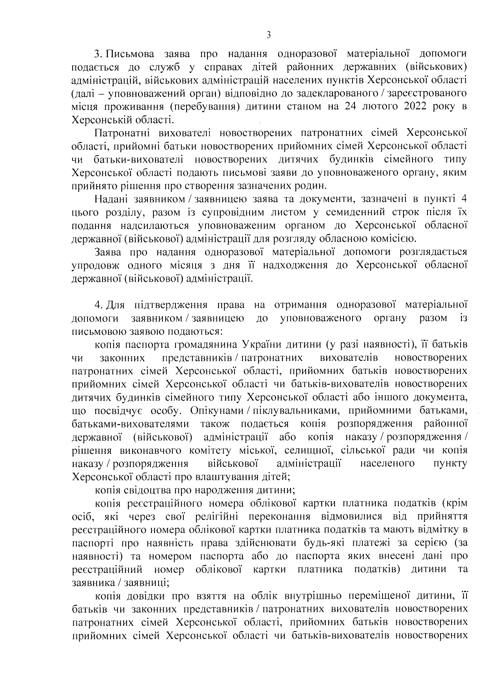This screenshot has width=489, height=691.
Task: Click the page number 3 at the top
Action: point(269,35)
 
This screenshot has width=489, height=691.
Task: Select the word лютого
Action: point(376,107)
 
